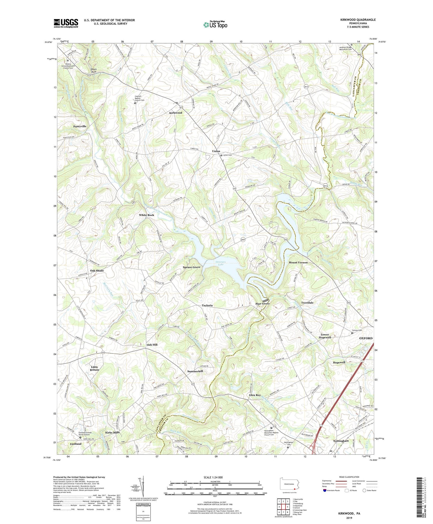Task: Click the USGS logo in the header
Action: (66, 23)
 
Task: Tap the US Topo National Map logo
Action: (215, 24)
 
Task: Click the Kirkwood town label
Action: (176, 113)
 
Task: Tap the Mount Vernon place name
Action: (298, 262)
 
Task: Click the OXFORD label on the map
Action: (366, 338)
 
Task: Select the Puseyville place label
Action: (80, 126)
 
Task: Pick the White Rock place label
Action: (147, 215)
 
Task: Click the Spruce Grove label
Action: (191, 267)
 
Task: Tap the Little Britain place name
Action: (94, 368)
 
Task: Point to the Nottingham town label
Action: (341, 441)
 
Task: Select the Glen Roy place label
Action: (255, 395)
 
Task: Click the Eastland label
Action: (76, 444)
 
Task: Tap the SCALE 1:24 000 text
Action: (213, 477)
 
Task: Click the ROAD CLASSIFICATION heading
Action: (349, 477)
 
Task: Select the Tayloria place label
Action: (207, 305)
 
